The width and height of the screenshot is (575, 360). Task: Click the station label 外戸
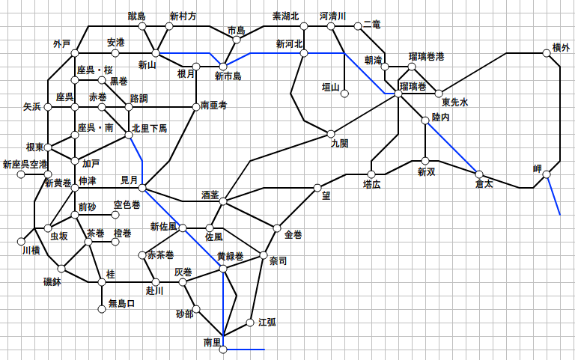(61, 43)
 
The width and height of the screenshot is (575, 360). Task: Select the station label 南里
(213, 342)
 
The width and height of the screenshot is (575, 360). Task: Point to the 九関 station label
(339, 144)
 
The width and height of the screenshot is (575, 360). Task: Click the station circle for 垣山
(345, 93)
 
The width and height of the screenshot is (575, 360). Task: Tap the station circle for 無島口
(103, 308)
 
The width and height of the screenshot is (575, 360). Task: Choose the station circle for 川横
(21, 241)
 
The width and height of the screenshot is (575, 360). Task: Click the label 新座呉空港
(24, 164)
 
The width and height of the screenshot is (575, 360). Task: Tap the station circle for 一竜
(358, 26)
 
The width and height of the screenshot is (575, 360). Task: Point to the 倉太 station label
(484, 183)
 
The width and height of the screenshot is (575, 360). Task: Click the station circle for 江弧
(250, 323)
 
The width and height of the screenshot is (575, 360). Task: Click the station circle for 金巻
(277, 228)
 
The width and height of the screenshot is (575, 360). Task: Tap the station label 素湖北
(285, 16)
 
